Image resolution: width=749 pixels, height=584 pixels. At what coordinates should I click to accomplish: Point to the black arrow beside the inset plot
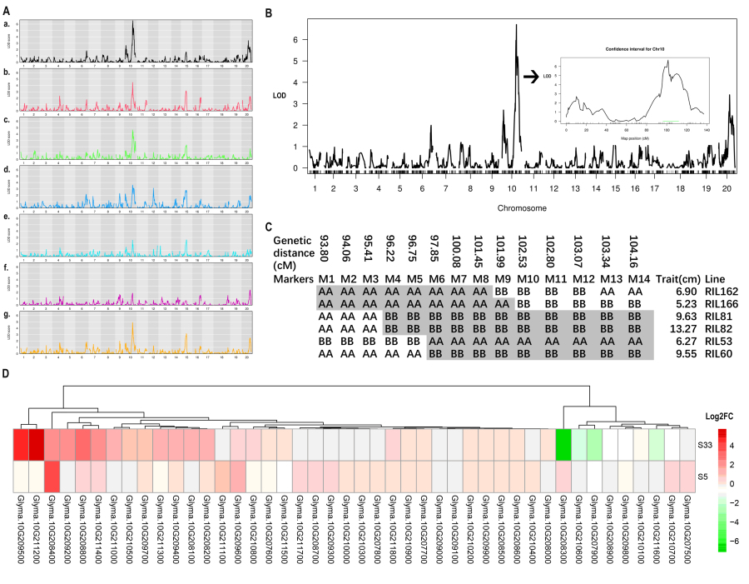coord(531,77)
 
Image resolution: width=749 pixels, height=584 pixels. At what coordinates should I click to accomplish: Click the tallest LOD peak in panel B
coord(516,26)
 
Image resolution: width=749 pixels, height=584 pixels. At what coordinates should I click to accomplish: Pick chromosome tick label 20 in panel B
coord(727,189)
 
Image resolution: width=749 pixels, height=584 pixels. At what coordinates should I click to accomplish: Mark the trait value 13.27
coord(675,329)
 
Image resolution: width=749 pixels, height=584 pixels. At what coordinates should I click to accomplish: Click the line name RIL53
coord(721,342)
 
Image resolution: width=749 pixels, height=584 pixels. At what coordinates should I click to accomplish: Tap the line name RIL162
coord(723,292)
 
